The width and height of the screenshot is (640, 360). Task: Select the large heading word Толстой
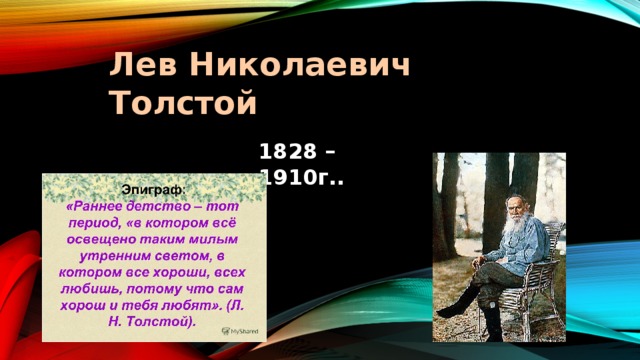[183, 102]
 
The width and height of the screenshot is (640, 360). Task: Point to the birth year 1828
[284, 153]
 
